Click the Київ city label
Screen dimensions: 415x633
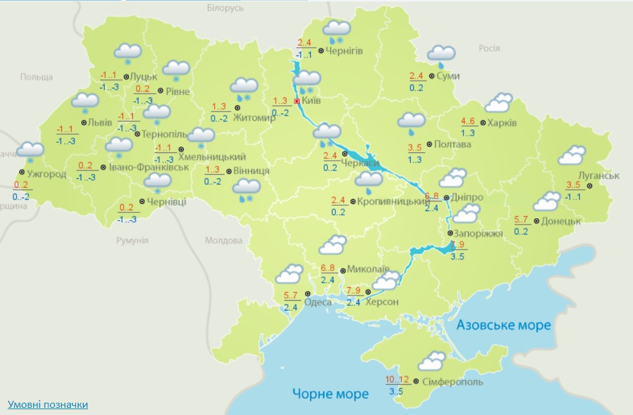pos(311,101)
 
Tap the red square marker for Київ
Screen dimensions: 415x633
pos(297,101)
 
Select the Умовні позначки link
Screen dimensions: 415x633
pos(48,405)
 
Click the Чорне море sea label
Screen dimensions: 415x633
pos(330,393)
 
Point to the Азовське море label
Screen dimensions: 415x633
pos(504,325)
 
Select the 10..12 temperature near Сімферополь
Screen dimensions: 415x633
pos(397,379)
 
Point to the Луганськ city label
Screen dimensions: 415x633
pos(591,176)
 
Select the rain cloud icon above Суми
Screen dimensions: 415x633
pos(441,56)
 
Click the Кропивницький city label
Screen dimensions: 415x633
pos(389,202)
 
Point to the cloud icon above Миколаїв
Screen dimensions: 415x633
pos(333,246)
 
